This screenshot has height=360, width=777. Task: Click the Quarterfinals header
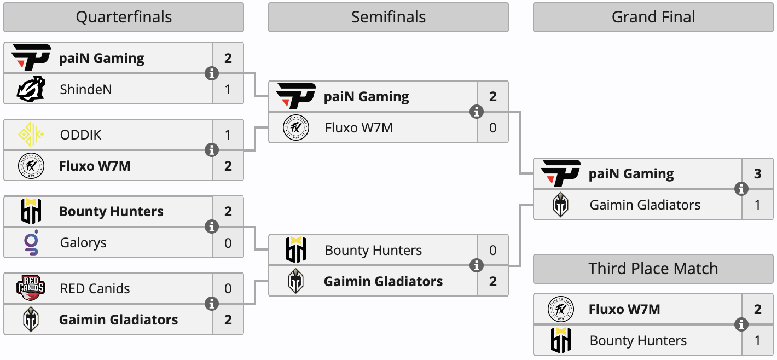click(x=124, y=18)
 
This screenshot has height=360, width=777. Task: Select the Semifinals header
click(x=389, y=18)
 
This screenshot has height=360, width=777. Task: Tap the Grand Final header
click(x=653, y=18)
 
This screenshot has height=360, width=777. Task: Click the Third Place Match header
click(x=653, y=269)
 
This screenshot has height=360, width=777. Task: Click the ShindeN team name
click(x=86, y=89)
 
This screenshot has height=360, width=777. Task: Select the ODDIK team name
click(x=81, y=135)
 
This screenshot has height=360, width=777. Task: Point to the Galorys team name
click(x=83, y=242)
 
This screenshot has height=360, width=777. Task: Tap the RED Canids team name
click(x=95, y=288)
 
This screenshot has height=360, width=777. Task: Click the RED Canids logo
click(x=31, y=288)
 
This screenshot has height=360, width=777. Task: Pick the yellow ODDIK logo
click(x=31, y=135)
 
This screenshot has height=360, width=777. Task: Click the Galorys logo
click(x=31, y=242)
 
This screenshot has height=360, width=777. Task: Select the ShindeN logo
click(x=31, y=89)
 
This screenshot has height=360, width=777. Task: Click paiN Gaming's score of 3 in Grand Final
click(x=758, y=174)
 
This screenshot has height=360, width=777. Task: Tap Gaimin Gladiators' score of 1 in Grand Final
click(x=758, y=205)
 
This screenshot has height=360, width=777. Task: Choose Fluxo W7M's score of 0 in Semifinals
click(x=493, y=128)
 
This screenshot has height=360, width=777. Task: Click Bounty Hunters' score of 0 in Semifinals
click(x=493, y=251)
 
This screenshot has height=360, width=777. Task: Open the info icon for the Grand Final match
click(x=741, y=189)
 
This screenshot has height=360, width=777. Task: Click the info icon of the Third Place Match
click(x=741, y=325)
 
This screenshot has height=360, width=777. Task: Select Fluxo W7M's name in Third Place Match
click(x=624, y=310)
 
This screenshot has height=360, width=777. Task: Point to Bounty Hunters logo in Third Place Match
click(x=560, y=340)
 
